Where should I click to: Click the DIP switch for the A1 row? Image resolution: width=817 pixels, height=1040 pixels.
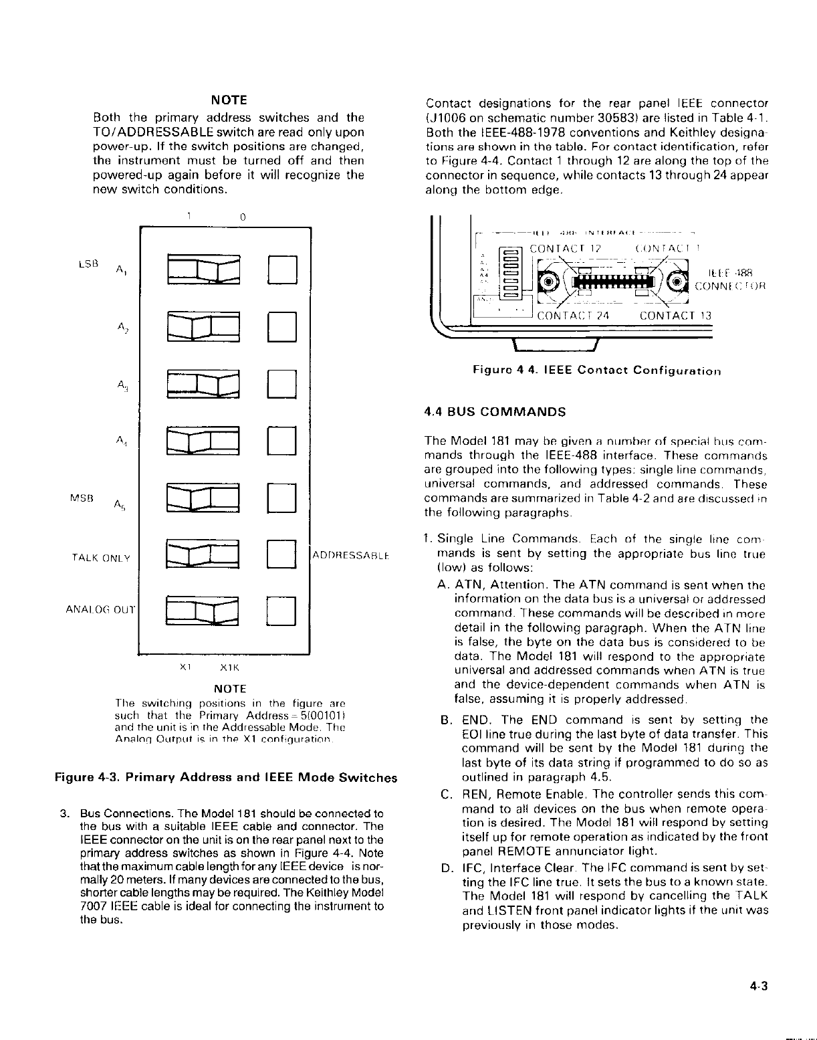coord(203,269)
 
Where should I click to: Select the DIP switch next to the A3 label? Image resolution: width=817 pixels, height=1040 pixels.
coord(203,385)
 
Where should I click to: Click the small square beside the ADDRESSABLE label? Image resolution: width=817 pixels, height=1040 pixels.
coord(281,554)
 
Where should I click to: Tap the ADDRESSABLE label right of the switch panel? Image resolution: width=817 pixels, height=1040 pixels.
coord(351,555)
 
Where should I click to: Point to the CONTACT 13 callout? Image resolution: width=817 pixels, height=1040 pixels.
coord(676,316)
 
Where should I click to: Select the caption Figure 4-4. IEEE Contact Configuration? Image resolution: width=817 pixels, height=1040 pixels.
coord(596,370)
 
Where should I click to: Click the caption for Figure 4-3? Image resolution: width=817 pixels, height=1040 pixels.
coord(225,778)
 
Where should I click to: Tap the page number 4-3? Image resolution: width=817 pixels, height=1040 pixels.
coord(760,986)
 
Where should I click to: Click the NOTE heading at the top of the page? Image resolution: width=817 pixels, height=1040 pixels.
coord(229,100)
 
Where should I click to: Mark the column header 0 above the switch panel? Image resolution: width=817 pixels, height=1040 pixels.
coord(243,217)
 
